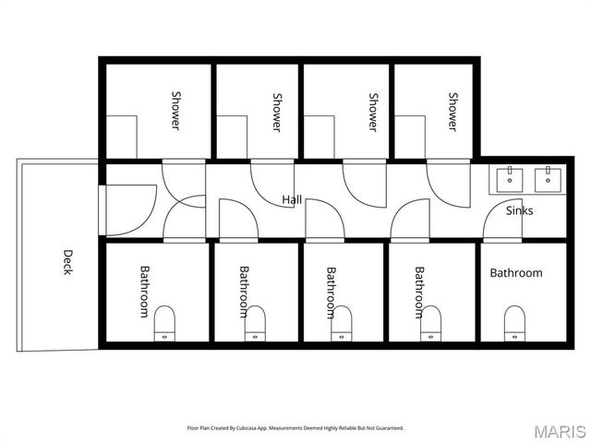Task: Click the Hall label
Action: pyautogui.click(x=292, y=199)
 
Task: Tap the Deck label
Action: pyautogui.click(x=67, y=262)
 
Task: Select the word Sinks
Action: pyautogui.click(x=520, y=210)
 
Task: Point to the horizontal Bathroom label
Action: pyautogui.click(x=516, y=273)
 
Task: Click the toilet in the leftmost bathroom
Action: pyautogui.click(x=165, y=324)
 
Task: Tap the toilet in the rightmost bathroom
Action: pyautogui.click(x=515, y=324)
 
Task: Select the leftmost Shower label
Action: pyautogui.click(x=175, y=111)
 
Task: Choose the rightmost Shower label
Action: pyautogui.click(x=453, y=111)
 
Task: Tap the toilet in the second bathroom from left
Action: pyautogui.click(x=255, y=324)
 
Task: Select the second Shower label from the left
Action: pyautogui.click(x=276, y=111)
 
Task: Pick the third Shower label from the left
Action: pyautogui.click(x=373, y=111)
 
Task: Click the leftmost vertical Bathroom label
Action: pyautogui.click(x=144, y=292)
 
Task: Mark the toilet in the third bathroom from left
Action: pyautogui.click(x=342, y=324)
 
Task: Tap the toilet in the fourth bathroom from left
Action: pyautogui.click(x=429, y=324)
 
